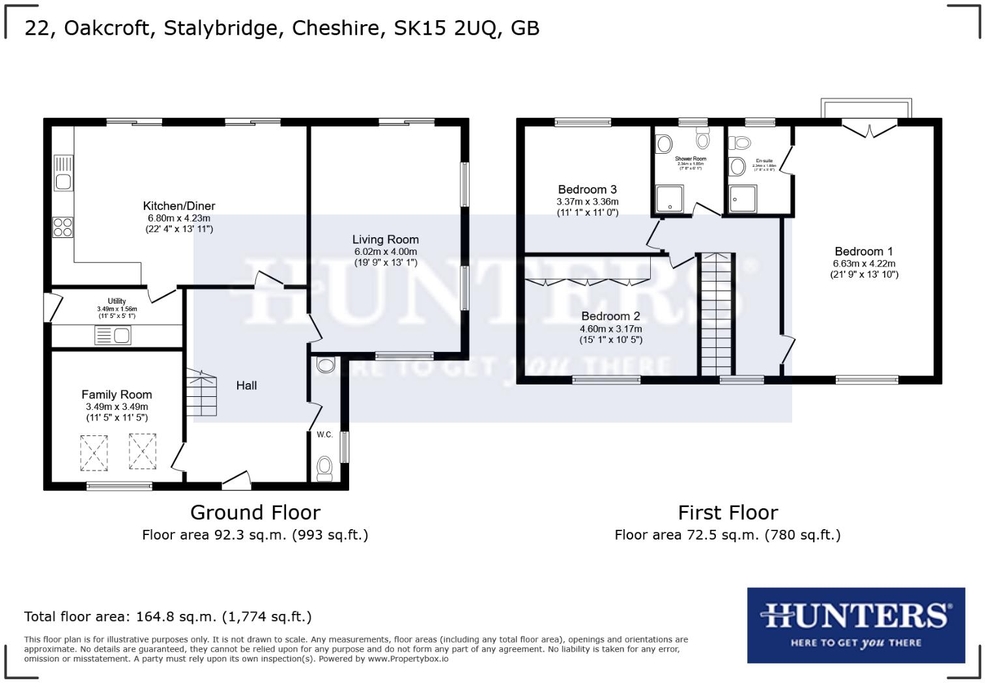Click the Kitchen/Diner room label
pos(178,206)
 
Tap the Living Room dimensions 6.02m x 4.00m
pos(385,252)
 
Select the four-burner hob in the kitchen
pos(63,227)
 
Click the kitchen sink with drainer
pos(64,173)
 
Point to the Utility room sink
pos(113,336)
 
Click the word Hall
pos(246,385)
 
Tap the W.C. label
pos(324,434)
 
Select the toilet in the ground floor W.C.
pos(324,467)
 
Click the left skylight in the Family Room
pos(94,452)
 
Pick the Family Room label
pos(117,394)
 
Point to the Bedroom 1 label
pos(864,252)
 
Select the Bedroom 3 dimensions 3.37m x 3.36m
pos(587,202)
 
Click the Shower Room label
pos(690,158)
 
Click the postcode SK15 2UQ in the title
pos(447,28)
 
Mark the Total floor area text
pos(167,617)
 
